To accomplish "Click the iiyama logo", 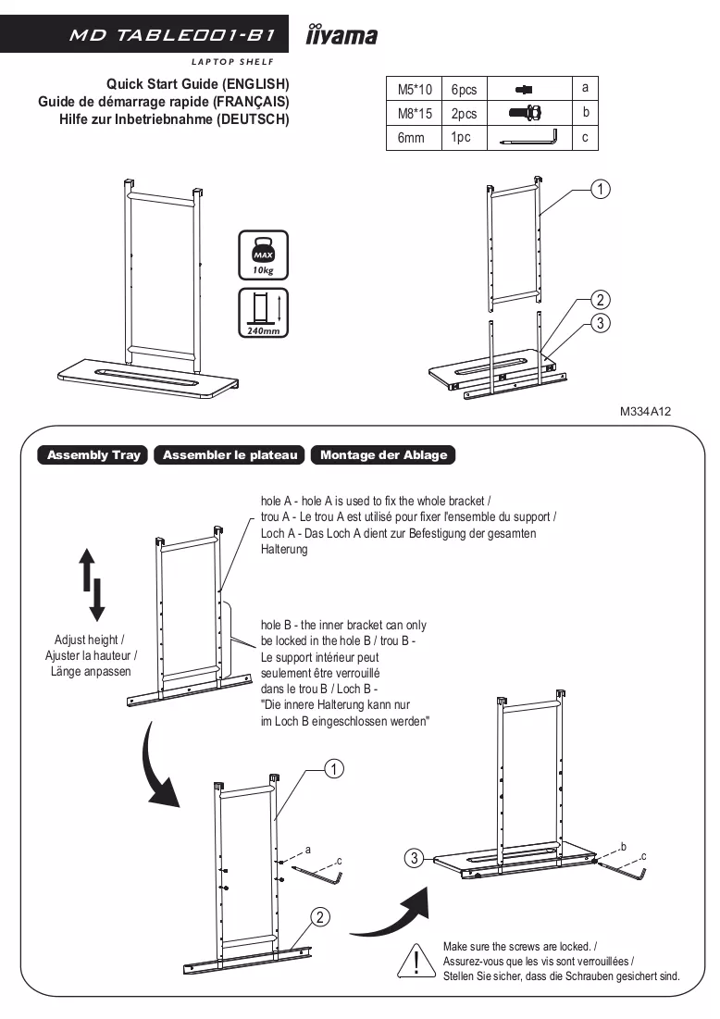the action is [341, 34].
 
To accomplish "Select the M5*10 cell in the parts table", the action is [415, 88].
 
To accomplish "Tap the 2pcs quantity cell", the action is [464, 113].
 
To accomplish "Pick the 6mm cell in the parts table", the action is [415, 138].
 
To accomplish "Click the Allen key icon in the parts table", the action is [529, 138].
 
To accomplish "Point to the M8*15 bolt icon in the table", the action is [526, 113].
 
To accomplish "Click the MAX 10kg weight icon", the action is [263, 255].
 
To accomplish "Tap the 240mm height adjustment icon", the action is [263, 313].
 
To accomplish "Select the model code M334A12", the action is [645, 411].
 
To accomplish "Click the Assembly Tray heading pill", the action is [93, 455].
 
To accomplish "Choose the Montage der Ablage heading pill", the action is [383, 455].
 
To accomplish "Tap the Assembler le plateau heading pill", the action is [230, 455].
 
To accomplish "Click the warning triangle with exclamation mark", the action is [416, 962].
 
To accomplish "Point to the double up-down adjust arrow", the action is [92, 584].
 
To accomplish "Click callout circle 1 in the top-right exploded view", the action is [600, 189].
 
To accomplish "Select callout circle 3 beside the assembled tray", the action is [414, 858].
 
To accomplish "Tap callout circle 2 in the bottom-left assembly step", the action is [319, 917].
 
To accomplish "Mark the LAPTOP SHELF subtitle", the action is [232, 62].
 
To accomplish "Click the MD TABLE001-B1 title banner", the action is [144, 34].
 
